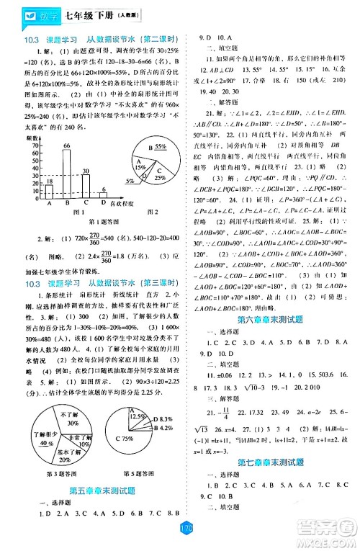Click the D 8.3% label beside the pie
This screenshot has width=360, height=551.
pyautogui.click(x=166, y=418)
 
